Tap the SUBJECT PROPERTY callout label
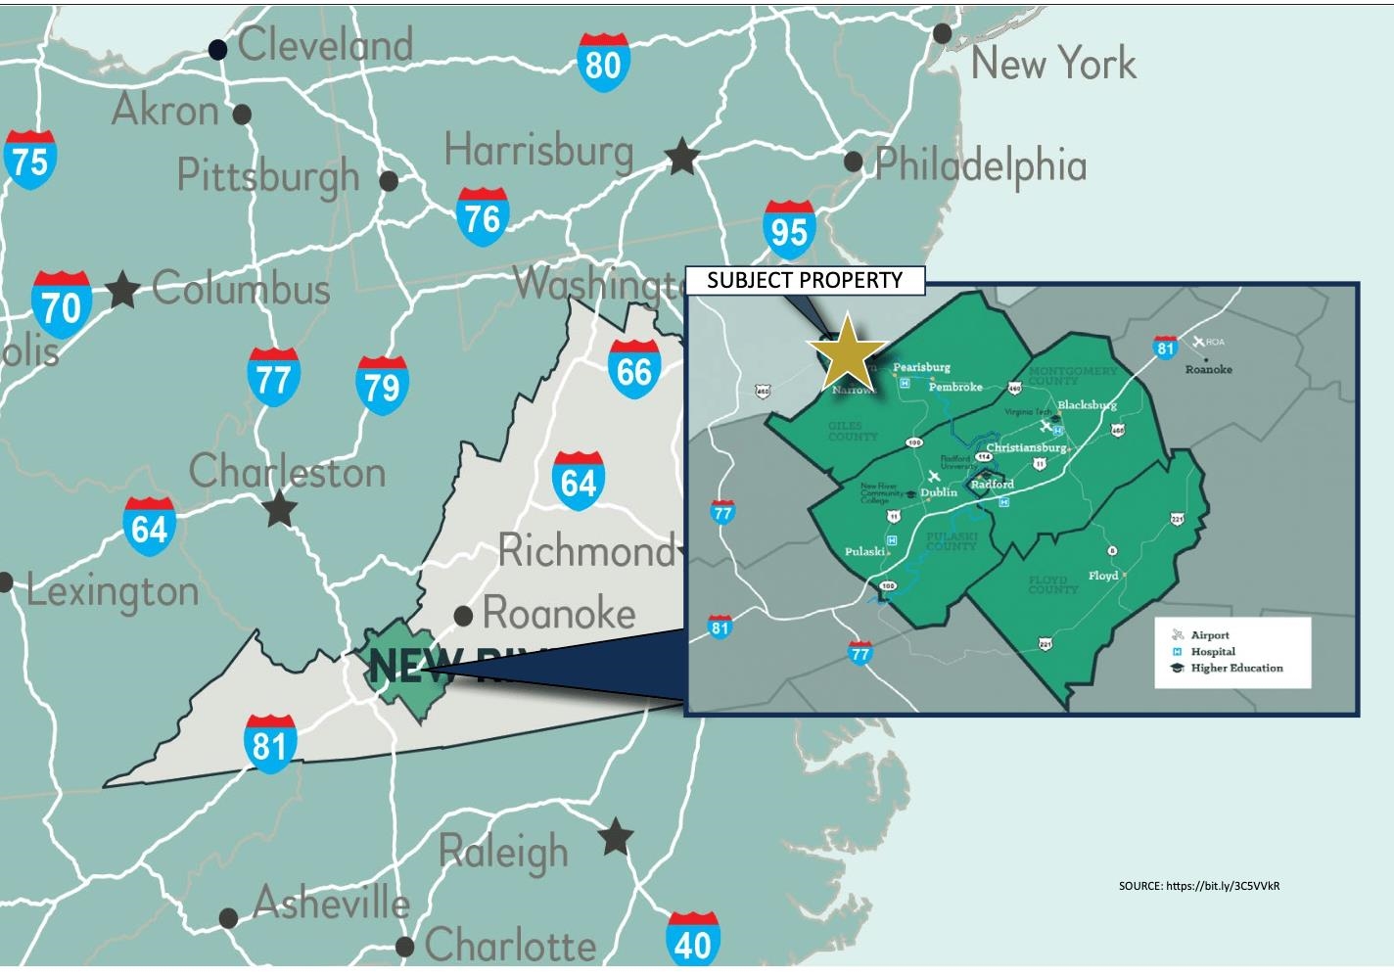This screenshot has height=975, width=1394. [805, 281]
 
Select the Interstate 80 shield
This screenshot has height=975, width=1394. [602, 63]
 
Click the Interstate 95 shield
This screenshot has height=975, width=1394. [788, 230]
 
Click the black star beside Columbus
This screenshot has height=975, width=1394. [122, 290]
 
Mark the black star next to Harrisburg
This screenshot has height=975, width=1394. [681, 157]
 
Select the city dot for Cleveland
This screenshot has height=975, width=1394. [218, 49]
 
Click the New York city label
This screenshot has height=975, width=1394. [1053, 64]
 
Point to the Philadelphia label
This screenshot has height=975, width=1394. [980, 164]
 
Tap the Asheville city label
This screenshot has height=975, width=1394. [331, 903]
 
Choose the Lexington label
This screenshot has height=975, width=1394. [113, 591]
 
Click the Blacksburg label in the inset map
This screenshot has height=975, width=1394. [1087, 405]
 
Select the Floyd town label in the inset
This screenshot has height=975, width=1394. [1103, 576]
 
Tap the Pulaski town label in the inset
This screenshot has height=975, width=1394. [864, 552]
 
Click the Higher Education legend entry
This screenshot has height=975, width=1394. [1235, 669]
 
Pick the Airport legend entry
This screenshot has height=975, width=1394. [1210, 635]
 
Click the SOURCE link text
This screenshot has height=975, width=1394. [1198, 886]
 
